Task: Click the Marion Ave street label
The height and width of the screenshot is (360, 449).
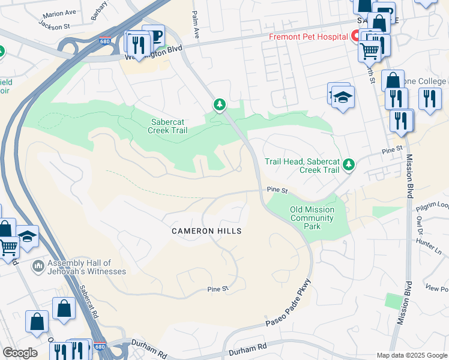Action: [x=59, y=13]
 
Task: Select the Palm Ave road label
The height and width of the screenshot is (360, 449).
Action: [x=195, y=25]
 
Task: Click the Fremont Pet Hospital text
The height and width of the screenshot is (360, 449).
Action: [x=308, y=37]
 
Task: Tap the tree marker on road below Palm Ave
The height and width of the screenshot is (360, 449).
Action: [x=220, y=106]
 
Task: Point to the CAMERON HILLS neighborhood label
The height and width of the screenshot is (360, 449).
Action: [x=206, y=231]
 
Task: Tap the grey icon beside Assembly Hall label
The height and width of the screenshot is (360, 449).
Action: [x=38, y=265]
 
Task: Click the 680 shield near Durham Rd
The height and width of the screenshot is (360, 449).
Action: [x=100, y=346]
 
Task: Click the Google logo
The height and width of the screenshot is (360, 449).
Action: [x=20, y=353]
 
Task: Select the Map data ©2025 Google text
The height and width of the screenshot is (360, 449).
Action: [x=411, y=355]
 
